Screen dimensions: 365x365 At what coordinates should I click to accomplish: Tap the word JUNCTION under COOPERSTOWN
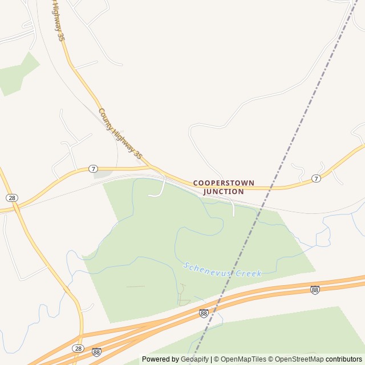pyautogui.click(x=224, y=192)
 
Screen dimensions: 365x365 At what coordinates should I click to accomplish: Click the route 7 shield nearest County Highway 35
pyautogui.click(x=94, y=169)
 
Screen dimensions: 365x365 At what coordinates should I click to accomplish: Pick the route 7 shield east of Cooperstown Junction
pyautogui.click(x=316, y=179)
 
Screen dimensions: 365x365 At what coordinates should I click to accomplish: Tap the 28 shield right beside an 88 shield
pyautogui.click(x=78, y=348)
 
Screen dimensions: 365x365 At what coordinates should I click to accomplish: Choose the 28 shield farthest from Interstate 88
pyautogui.click(x=11, y=197)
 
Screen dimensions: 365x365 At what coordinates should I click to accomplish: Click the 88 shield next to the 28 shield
pyautogui.click(x=96, y=352)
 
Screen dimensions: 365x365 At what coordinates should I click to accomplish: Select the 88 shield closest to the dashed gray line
pyautogui.click(x=204, y=313)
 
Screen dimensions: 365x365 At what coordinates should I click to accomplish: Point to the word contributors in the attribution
pyautogui.click(x=344, y=359)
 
